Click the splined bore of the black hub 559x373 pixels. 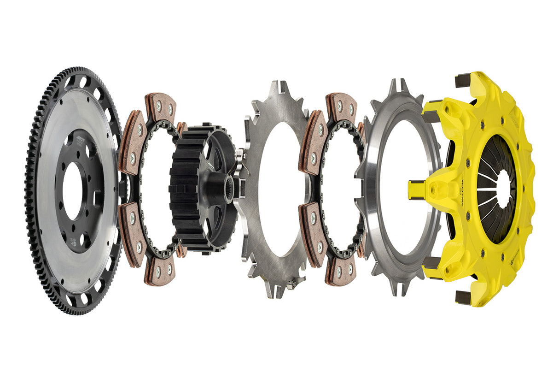[x=229, y=190]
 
